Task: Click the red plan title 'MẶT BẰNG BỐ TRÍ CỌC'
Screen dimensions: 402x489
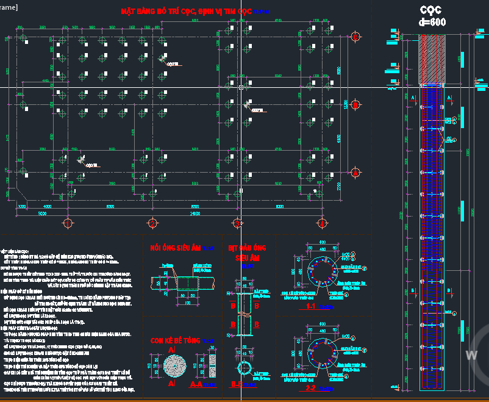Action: point(186,12)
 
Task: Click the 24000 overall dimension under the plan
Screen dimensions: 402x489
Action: point(194,214)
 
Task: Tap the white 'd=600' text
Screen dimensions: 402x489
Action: point(432,22)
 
